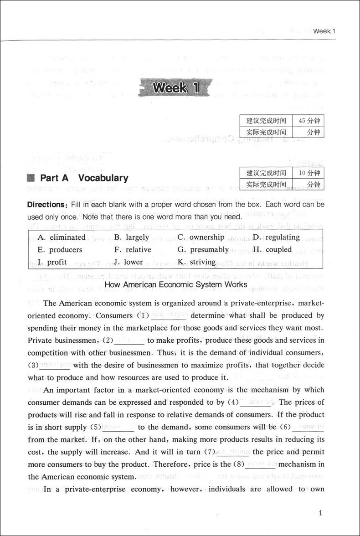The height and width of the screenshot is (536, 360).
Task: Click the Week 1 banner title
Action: click(x=176, y=88)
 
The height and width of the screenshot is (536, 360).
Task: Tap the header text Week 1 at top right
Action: click(x=324, y=31)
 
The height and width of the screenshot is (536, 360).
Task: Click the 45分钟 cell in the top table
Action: click(x=309, y=121)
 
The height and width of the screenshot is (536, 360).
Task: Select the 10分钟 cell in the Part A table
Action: click(x=309, y=173)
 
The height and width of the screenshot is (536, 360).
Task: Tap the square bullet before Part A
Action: click(x=31, y=178)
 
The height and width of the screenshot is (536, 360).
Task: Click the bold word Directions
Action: click(x=47, y=205)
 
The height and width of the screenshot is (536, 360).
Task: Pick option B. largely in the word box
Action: click(x=132, y=237)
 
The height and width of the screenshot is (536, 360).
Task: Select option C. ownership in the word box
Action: click(x=201, y=237)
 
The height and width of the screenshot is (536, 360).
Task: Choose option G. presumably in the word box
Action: click(x=203, y=249)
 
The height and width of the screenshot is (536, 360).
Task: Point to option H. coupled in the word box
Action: click(x=272, y=249)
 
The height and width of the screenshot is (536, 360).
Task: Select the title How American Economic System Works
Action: click(x=176, y=284)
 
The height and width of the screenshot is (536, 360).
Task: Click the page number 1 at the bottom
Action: click(x=320, y=514)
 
